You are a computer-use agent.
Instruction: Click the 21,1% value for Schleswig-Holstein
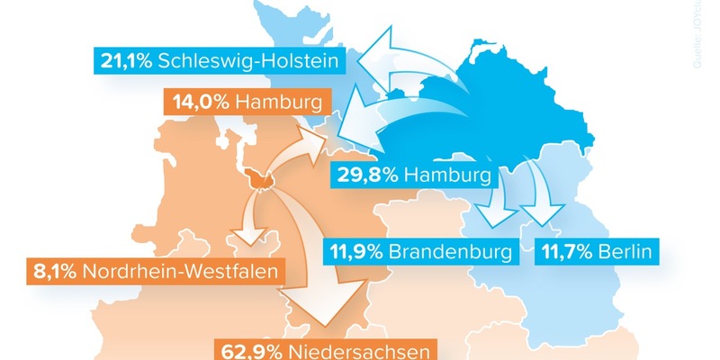coord(127,61)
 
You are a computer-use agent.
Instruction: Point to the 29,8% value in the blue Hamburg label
coord(365,175)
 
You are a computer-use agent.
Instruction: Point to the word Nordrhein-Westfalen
coord(177,269)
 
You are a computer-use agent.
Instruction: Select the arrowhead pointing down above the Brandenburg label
coord(491,216)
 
